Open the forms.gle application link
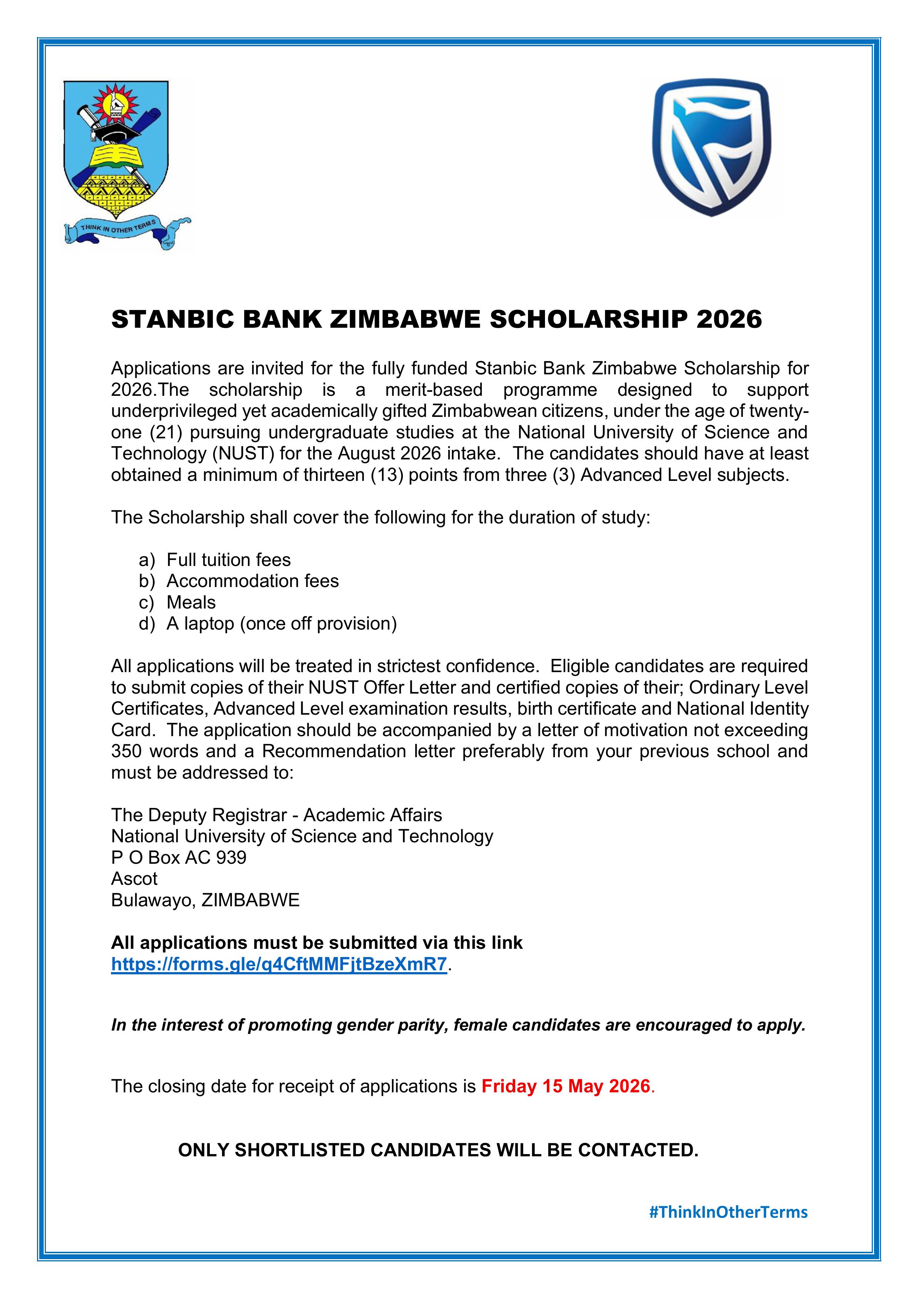tap(279, 964)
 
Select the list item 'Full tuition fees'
tap(229, 560)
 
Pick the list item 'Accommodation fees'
tap(252, 581)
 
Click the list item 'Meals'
tap(191, 602)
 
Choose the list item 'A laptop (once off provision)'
tap(282, 624)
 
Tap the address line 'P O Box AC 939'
tap(179, 857)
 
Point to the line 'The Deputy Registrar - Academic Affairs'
tap(277, 815)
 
